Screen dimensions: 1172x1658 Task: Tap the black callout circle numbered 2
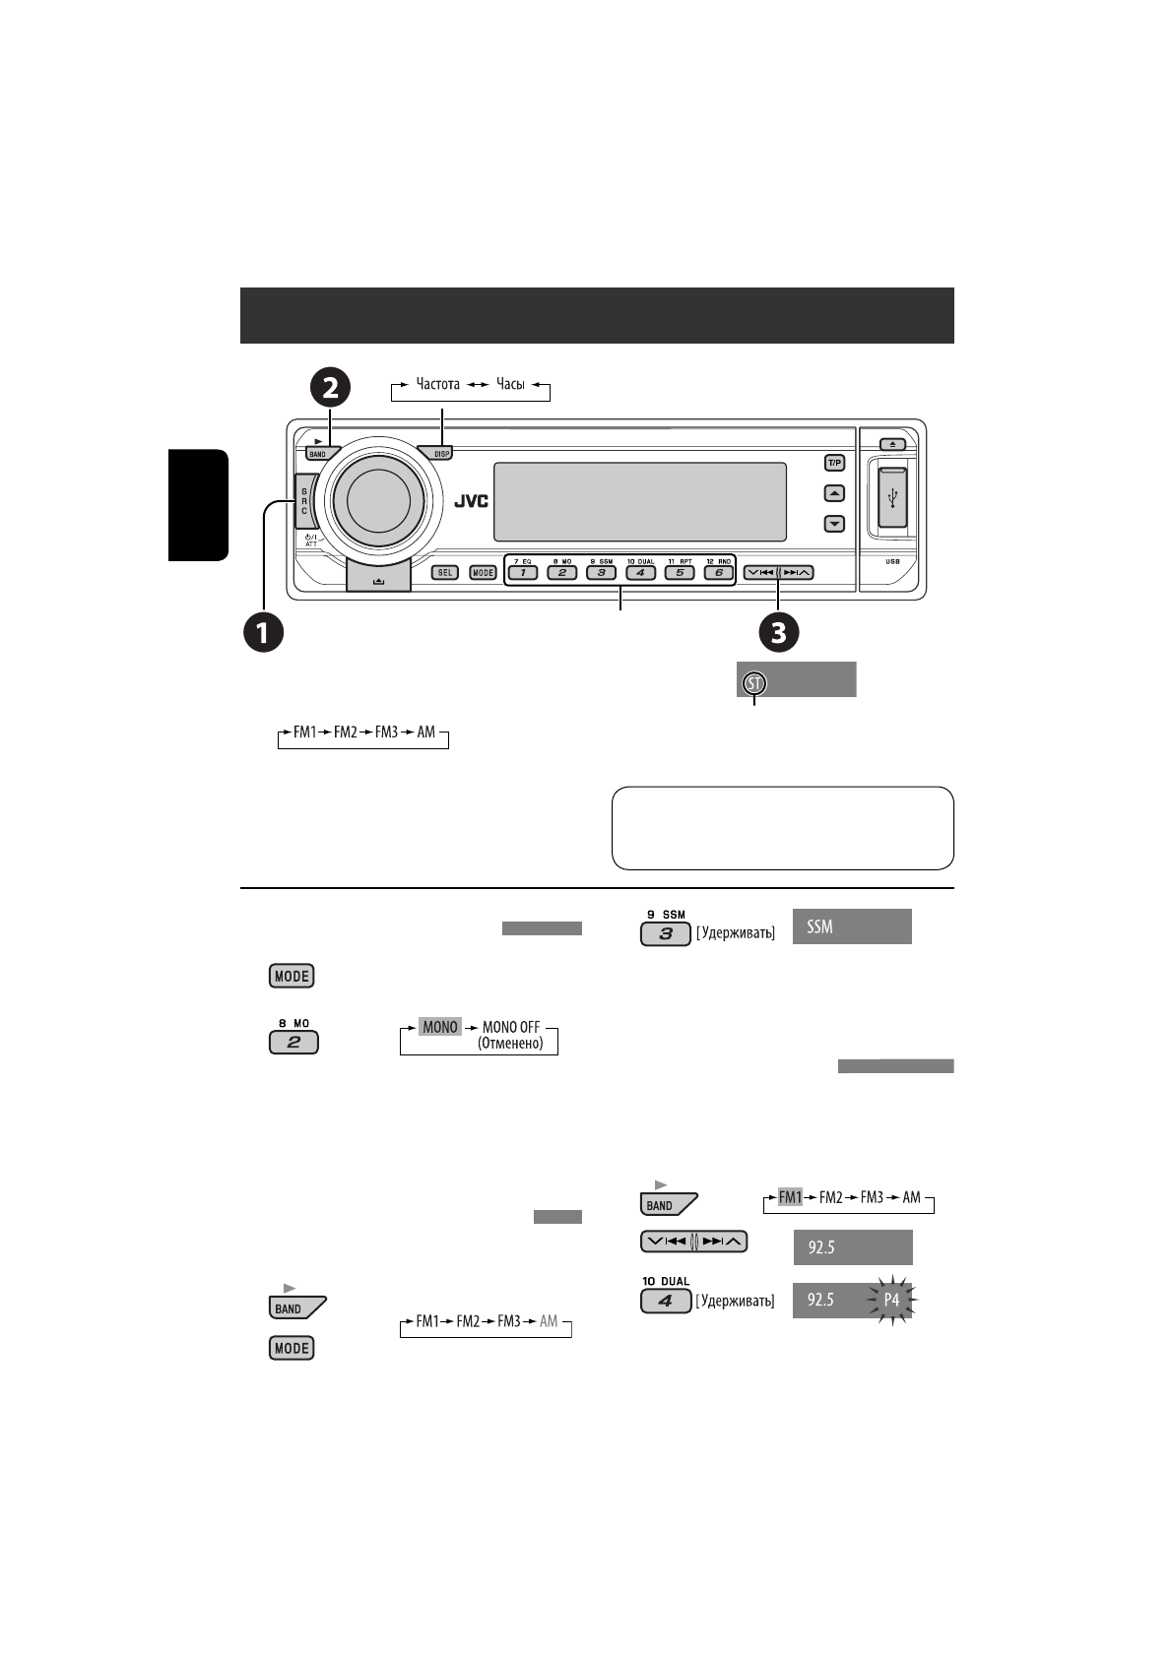click(330, 387)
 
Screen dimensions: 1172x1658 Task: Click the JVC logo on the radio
click(471, 500)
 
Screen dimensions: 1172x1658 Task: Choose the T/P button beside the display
click(834, 462)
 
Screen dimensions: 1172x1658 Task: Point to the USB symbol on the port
click(892, 498)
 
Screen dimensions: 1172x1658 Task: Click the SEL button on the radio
click(445, 572)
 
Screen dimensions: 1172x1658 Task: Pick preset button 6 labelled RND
click(718, 572)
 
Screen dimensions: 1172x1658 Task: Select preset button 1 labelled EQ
click(522, 572)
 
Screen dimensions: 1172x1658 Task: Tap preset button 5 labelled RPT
click(679, 572)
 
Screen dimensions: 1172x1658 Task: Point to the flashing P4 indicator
click(891, 1300)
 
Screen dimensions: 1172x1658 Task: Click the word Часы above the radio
click(510, 384)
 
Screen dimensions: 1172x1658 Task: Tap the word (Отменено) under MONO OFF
click(510, 1044)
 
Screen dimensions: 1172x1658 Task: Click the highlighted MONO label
click(440, 1027)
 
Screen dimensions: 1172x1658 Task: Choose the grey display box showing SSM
click(853, 926)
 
